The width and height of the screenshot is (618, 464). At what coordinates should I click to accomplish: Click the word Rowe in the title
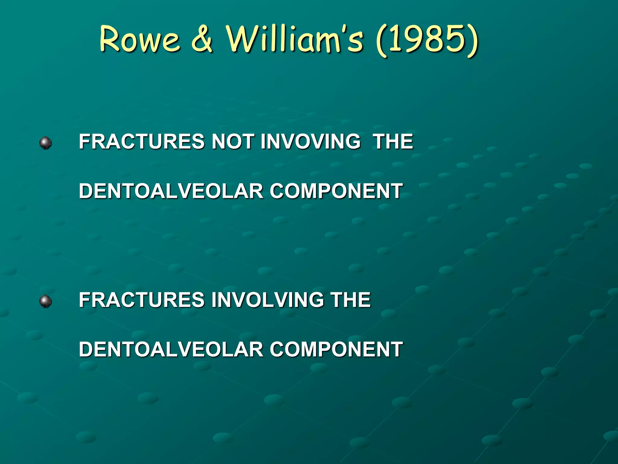139,39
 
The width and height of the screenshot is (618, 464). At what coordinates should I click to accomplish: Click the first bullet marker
46,143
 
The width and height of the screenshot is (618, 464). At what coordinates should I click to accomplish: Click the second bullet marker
46,301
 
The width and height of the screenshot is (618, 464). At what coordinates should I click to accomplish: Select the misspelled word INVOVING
311,141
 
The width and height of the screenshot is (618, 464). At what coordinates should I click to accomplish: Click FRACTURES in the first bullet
142,141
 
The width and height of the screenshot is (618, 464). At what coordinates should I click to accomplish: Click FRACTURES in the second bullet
142,300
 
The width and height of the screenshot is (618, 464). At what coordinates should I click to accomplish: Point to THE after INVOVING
393,141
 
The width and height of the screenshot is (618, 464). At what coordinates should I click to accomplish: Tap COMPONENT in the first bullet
336,191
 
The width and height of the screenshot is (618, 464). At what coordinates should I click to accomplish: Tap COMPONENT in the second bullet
336,349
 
